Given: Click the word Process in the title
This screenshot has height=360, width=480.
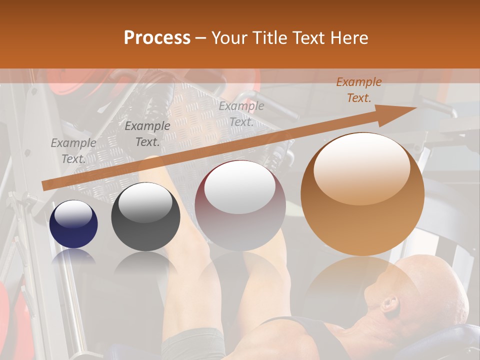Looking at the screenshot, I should pyautogui.click(x=157, y=38).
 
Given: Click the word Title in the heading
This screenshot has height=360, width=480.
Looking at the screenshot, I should pyautogui.click(x=269, y=38).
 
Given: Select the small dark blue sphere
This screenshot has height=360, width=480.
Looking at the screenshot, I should pyautogui.click(x=73, y=224).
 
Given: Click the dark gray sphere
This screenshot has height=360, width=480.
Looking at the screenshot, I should pyautogui.click(x=145, y=216).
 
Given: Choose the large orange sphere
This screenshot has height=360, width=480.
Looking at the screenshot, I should pyautogui.click(x=362, y=194).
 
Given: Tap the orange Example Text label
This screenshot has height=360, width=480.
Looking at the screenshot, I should pyautogui.click(x=358, y=90).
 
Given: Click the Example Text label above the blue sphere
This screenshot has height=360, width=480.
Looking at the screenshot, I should pyautogui.click(x=73, y=150).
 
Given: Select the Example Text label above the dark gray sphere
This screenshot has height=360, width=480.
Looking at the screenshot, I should pyautogui.click(x=147, y=133).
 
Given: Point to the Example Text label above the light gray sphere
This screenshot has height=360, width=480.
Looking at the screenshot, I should pyautogui.click(x=241, y=113).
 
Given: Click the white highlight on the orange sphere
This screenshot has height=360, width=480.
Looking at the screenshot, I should pyautogui.click(x=361, y=167).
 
